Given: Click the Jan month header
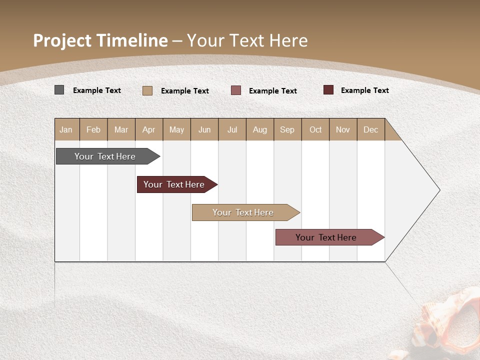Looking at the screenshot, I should pos(66,129).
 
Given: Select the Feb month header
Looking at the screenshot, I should pos(93,129).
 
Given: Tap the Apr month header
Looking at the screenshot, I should pos(149,129).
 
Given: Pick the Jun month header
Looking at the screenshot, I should pos(204,129).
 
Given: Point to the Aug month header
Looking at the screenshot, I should pos(260,129).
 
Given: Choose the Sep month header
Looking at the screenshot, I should pos(287,129).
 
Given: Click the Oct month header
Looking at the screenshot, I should pos(315,129).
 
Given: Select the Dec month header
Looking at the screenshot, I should pos(371,129).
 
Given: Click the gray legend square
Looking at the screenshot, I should pos(59,90).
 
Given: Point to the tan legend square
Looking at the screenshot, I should pos(147,90).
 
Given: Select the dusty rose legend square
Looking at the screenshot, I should pos(236,90).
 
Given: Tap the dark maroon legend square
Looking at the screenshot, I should pos(328,90).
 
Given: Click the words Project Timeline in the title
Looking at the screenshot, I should pos(100,40).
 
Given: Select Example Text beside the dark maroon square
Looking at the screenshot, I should pos(364,90).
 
